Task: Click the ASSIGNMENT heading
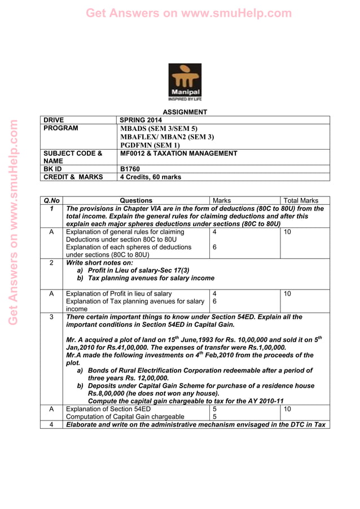pyautogui.click(x=185, y=112)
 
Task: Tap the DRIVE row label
pyautogui.click(x=54, y=120)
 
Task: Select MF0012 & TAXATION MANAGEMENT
pyautogui.click(x=179, y=153)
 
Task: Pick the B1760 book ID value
pyautogui.click(x=130, y=169)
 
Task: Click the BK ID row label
pyautogui.click(x=54, y=169)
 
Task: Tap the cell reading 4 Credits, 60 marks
pyautogui.click(x=151, y=177)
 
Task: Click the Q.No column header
pyautogui.click(x=51, y=200)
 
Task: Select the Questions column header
pyautogui.click(x=136, y=200)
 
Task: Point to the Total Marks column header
pyautogui.click(x=301, y=200)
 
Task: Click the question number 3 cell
pyautogui.click(x=51, y=317)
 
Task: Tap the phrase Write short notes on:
pyautogui.click(x=100, y=262)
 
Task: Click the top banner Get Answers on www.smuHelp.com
pyautogui.click(x=180, y=12)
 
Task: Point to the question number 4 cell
pyautogui.click(x=51, y=424)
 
